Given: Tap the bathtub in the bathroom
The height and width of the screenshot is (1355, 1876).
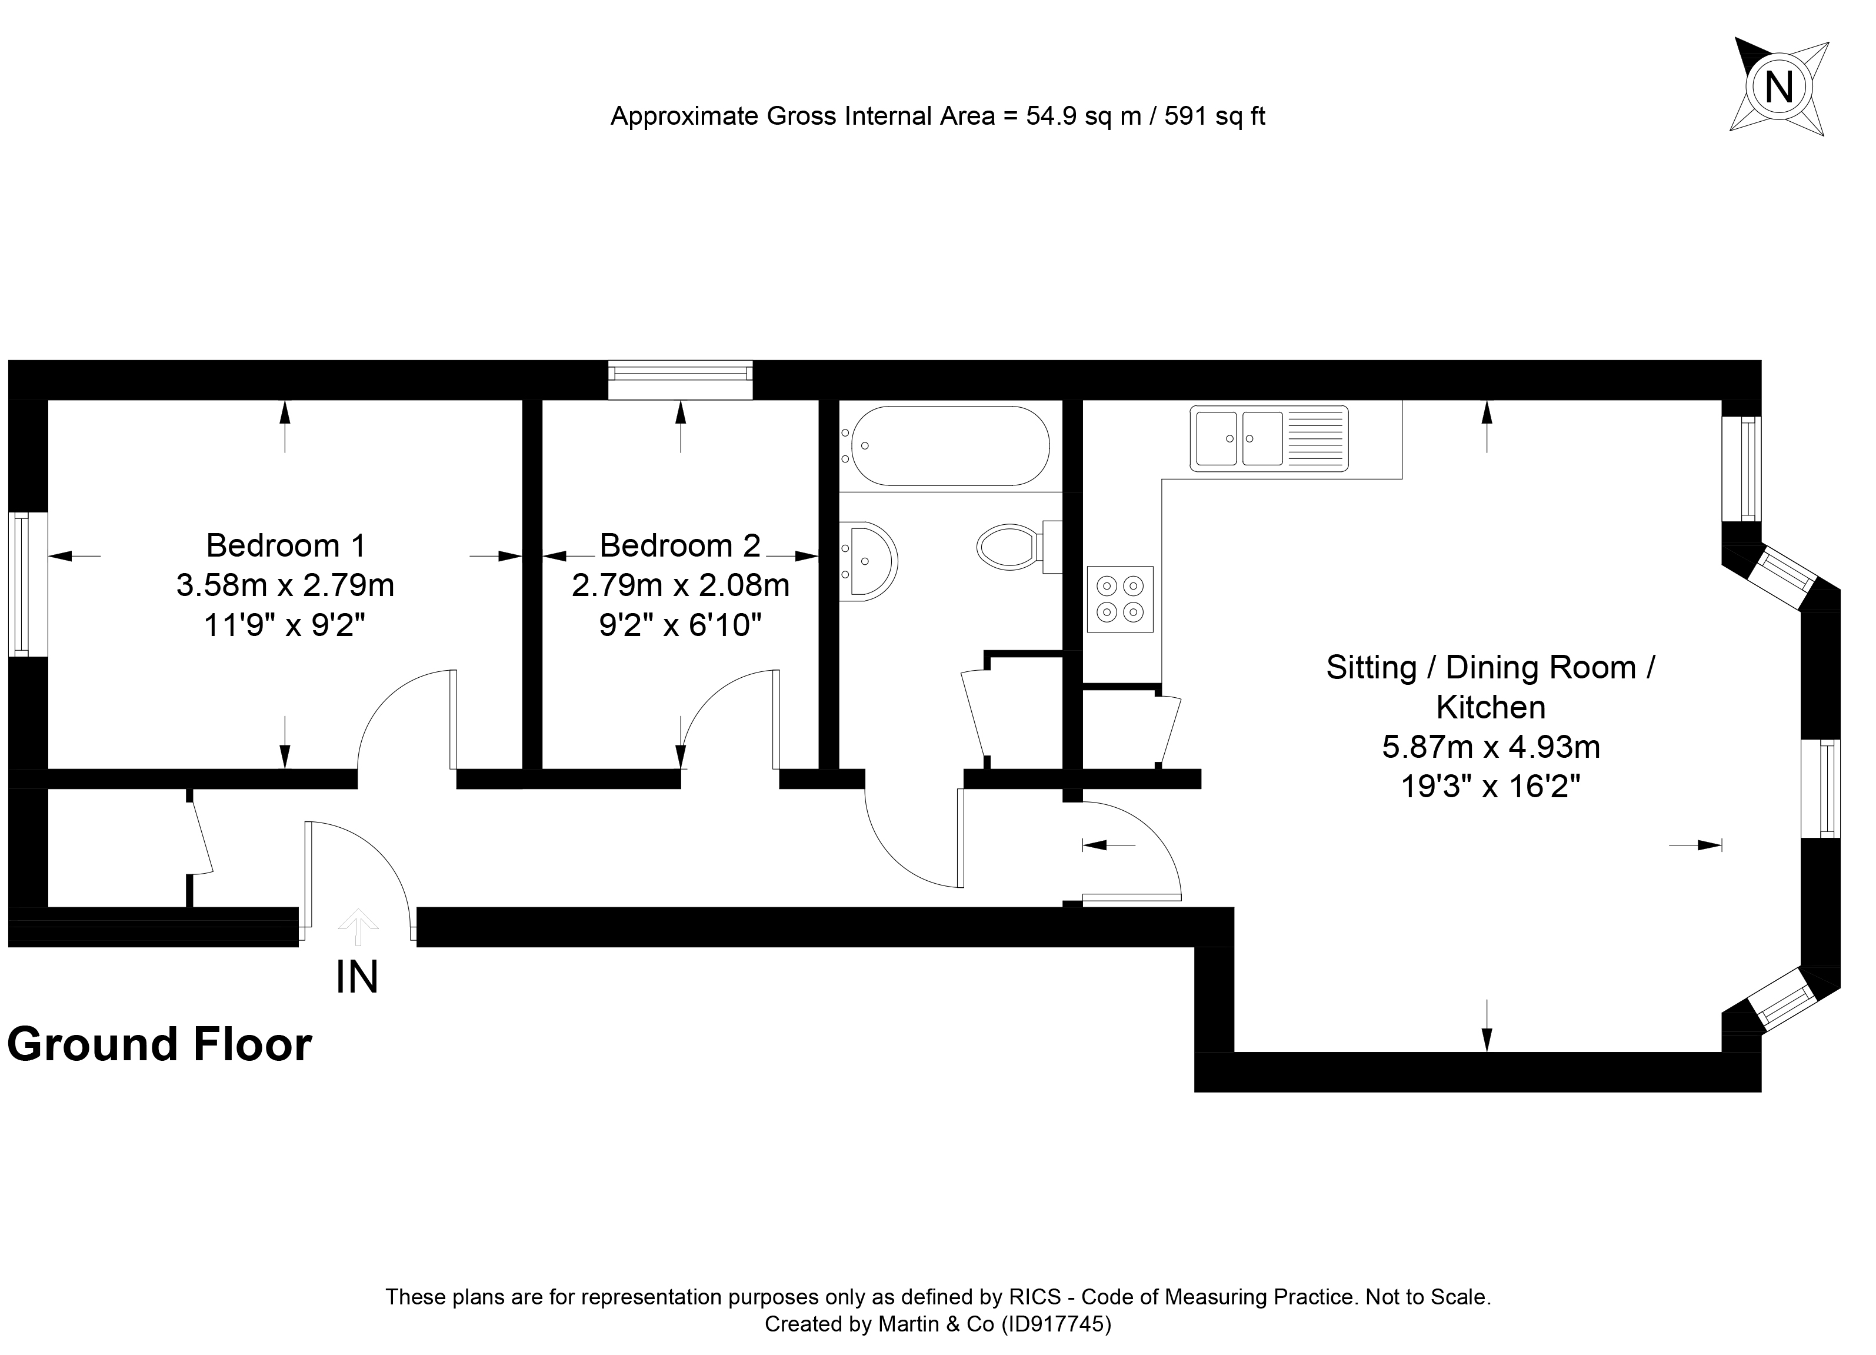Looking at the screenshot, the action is tap(951, 446).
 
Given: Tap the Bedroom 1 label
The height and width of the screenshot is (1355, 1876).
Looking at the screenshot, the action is tap(285, 546).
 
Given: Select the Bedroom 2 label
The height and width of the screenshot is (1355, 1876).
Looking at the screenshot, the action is tap(680, 546).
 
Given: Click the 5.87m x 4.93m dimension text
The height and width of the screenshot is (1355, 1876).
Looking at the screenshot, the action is tap(1491, 747).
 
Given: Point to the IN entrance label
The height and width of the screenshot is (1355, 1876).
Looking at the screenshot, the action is tap(357, 977).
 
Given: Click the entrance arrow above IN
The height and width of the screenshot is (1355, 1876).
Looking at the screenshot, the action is tap(358, 927).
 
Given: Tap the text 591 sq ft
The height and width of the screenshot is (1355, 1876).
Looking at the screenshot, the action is tap(1215, 116).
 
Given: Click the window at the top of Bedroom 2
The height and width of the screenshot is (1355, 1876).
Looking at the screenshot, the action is tap(680, 379).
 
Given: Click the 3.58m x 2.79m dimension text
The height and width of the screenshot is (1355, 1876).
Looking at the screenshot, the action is tap(285, 585).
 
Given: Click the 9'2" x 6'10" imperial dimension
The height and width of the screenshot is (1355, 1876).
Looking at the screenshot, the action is tap(680, 625).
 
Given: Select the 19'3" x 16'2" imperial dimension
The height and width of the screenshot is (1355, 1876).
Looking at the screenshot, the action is tap(1491, 787).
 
